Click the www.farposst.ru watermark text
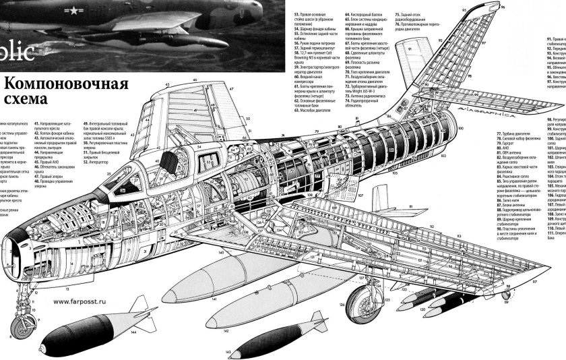coord(84,301)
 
